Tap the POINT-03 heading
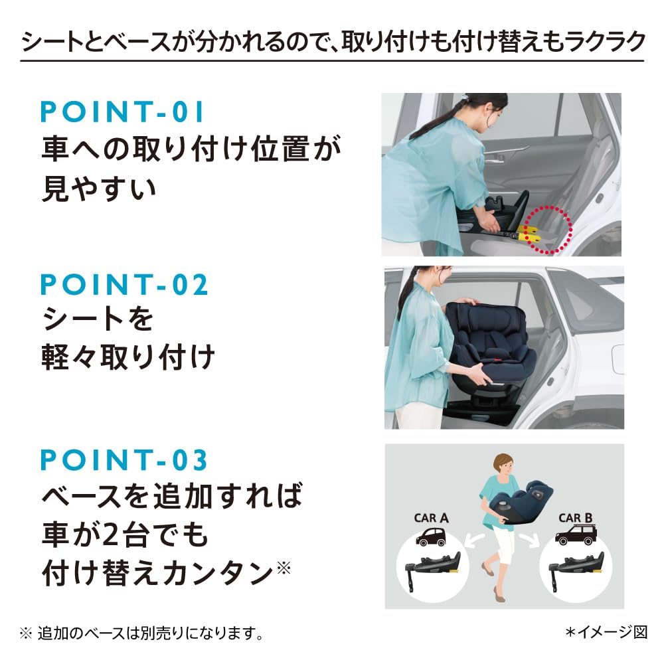tap(125, 459)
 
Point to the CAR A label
tap(431, 518)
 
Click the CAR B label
tap(575, 518)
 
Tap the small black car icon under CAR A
tap(431, 537)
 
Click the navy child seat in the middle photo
tap(488, 345)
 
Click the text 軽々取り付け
tap(129, 359)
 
